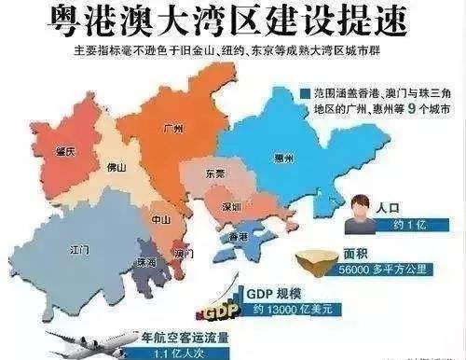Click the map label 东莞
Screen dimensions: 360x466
point(215,174)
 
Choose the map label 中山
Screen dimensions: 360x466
point(160,220)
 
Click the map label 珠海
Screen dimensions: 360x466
point(147,264)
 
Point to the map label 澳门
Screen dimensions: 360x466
point(181,253)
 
